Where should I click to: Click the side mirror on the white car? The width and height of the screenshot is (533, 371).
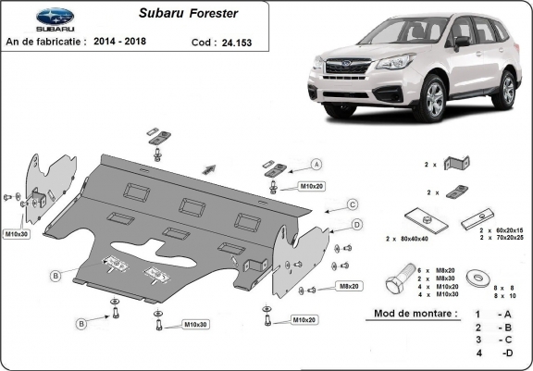[462, 42]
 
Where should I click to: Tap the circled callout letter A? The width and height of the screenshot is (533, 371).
[316, 165]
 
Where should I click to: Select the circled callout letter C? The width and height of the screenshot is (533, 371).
[353, 204]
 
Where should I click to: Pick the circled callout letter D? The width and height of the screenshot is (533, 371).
[357, 224]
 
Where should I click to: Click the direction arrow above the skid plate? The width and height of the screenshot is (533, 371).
[209, 169]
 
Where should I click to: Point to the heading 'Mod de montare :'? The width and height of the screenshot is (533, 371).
[415, 314]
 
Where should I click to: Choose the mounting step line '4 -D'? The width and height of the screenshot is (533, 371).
[492, 353]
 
